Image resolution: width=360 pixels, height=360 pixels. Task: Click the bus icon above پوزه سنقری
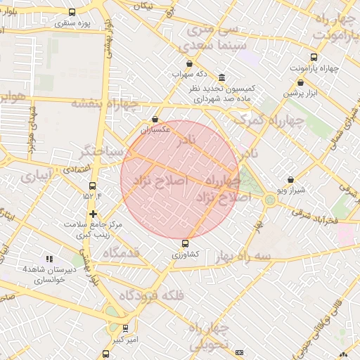tap(72, 13)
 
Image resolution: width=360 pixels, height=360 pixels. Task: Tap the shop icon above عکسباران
tap(155, 120)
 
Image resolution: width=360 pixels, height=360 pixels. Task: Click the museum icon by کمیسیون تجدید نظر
tap(222, 77)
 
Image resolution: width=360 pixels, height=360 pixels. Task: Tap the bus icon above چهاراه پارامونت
tap(314, 58)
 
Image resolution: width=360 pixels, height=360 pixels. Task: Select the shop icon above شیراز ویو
tap(291, 180)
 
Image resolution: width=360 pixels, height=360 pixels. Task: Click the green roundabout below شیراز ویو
tap(270, 200)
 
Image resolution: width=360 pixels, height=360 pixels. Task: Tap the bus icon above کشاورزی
tap(186, 243)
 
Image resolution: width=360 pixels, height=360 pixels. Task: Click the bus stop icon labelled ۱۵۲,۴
tap(92, 186)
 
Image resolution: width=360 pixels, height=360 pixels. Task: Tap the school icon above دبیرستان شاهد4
tap(49, 259)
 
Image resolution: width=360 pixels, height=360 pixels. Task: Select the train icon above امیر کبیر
tap(125, 328)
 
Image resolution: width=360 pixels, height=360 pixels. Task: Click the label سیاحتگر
tap(106, 151)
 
